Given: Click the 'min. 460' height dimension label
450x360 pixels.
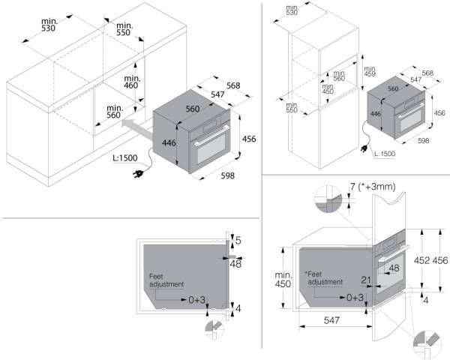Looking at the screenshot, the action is (132, 82).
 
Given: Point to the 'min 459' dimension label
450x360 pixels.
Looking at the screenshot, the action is (370, 71).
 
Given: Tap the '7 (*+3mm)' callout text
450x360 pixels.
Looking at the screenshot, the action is (373, 187).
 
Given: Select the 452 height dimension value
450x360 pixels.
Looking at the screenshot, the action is (421, 260).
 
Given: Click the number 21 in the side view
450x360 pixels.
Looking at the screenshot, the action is (366, 280).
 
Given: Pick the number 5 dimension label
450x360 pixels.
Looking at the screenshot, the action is (238, 241).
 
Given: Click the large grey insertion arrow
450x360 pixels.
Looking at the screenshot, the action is (137, 128).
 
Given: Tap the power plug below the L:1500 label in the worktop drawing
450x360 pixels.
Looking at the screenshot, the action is (138, 174).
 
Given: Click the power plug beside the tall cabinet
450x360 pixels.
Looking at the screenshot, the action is (364, 148).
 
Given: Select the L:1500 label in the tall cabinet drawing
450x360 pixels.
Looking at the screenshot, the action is (385, 154).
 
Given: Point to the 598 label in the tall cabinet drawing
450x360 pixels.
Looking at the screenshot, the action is (424, 140).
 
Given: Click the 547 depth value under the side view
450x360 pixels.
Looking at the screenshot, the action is (331, 319).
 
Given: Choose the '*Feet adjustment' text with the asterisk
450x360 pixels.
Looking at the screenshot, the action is (324, 278).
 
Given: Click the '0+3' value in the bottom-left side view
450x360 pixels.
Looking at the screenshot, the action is (196, 300).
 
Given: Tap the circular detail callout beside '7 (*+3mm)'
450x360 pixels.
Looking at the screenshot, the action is (328, 199).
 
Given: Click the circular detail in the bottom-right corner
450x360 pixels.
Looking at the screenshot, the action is (427, 344).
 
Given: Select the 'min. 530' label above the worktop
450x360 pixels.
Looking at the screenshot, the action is (49, 25).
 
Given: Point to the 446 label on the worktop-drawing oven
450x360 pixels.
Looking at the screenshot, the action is (169, 142).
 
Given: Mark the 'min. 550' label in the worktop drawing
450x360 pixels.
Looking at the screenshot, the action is (124, 29).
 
